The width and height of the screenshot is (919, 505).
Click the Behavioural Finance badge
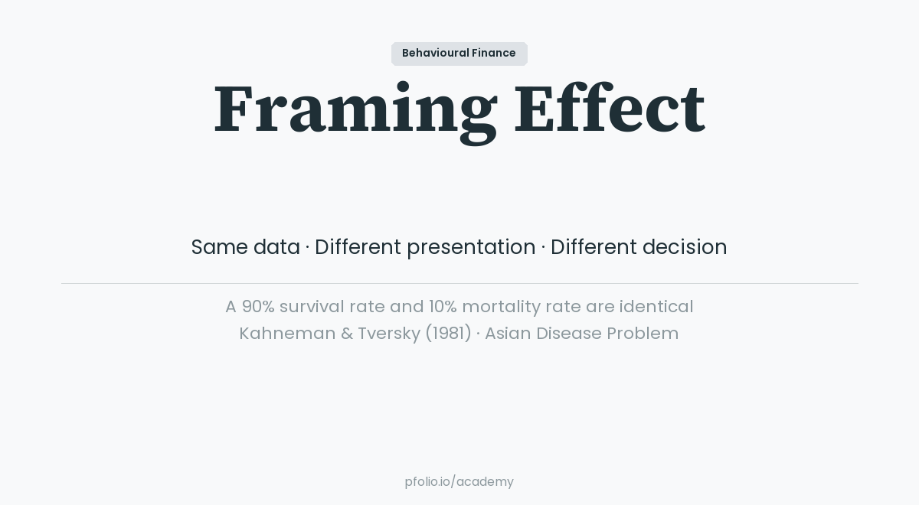459,54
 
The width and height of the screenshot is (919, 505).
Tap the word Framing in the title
355,109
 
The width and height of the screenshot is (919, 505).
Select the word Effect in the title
609,109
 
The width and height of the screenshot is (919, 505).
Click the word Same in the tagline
219,247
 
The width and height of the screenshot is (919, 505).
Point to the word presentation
471,248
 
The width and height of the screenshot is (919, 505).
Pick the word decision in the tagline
685,247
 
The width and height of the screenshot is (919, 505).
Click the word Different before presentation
358,247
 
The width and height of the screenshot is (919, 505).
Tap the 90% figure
258,307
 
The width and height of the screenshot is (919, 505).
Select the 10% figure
443,307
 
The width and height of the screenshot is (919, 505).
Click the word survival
312,307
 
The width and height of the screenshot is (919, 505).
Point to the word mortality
501,307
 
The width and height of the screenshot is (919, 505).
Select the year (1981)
448,334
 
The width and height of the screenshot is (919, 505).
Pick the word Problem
643,334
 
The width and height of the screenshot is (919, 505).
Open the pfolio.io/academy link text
459,482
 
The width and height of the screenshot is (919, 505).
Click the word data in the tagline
276,247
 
